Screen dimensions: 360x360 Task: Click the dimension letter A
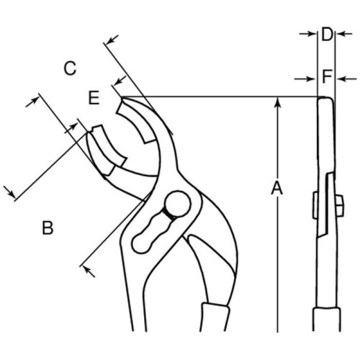pos(277,188)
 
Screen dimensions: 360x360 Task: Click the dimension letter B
pos(48,228)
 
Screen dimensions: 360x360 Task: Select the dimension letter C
pos(70,68)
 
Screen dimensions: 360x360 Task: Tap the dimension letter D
pos(327,35)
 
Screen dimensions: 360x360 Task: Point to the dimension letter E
pos(94,98)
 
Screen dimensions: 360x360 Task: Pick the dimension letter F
pos(327,76)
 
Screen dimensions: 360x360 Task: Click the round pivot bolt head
pos(178,204)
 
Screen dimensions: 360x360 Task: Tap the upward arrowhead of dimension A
pos(277,102)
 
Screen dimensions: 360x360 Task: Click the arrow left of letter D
pos(307,34)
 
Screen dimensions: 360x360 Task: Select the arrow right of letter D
pos(344,34)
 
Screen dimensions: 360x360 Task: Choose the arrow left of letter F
pos(305,78)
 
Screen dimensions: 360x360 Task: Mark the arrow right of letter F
pos(346,78)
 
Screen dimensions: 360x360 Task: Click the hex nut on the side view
pos(339,205)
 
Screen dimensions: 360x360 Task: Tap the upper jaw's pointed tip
pos(122,98)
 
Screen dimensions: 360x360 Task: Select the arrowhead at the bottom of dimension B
pos(88,271)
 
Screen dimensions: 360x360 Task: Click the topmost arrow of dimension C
pos(112,40)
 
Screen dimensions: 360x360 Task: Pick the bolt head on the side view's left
pos(315,205)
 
